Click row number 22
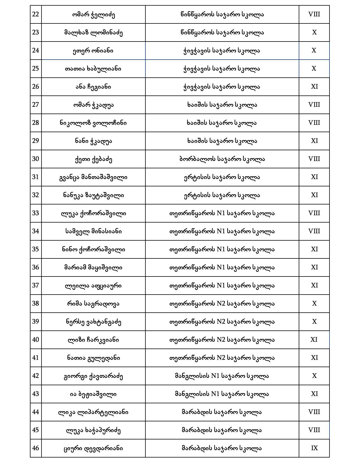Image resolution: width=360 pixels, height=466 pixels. pyautogui.click(x=36, y=14)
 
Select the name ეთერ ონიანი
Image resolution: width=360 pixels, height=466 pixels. pyautogui.click(x=93, y=51)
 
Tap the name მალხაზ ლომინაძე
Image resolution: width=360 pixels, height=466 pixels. pyautogui.click(x=93, y=32)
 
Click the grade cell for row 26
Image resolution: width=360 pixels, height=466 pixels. pyautogui.click(x=314, y=87)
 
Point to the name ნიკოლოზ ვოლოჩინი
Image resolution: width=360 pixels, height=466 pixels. pyautogui.click(x=93, y=123)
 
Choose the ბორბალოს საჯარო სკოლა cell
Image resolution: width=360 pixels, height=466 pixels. pyautogui.click(x=222, y=159)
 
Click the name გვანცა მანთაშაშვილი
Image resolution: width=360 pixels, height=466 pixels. pyautogui.click(x=93, y=177)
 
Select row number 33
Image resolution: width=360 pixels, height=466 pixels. pyautogui.click(x=36, y=213)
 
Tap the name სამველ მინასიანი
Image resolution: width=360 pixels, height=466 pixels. pyautogui.click(x=93, y=231)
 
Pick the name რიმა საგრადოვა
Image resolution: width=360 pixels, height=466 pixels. pyautogui.click(x=93, y=304)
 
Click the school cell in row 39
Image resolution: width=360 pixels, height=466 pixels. pyautogui.click(x=222, y=322)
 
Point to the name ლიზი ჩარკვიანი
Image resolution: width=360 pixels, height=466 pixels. pyautogui.click(x=93, y=340)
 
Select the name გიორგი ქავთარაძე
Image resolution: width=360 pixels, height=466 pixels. pyautogui.click(x=93, y=376)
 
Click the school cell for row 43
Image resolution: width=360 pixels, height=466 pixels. pyautogui.click(x=222, y=394)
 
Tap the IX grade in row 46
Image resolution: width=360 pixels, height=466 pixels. pyautogui.click(x=314, y=448)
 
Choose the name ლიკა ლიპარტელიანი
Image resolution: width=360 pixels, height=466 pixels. pyautogui.click(x=93, y=412)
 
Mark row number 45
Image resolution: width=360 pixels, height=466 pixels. pyautogui.click(x=36, y=430)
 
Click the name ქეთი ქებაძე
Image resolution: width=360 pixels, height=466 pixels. pyautogui.click(x=93, y=159)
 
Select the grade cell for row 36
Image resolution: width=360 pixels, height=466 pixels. pyautogui.click(x=314, y=267)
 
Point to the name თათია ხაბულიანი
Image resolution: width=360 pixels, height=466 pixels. pyautogui.click(x=93, y=69)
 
